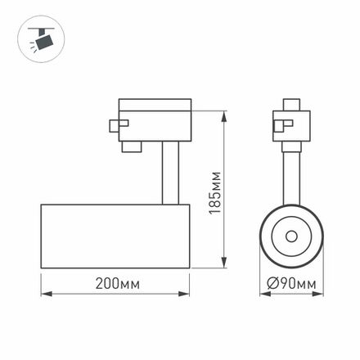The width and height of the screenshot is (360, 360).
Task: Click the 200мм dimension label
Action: pyautogui.click(x=115, y=284)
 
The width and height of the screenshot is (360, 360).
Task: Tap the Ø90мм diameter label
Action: pyautogui.click(x=292, y=284)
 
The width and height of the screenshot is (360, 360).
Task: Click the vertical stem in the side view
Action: pyautogui.click(x=167, y=172)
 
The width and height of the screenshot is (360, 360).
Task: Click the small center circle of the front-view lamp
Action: pyautogui.click(x=291, y=236)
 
